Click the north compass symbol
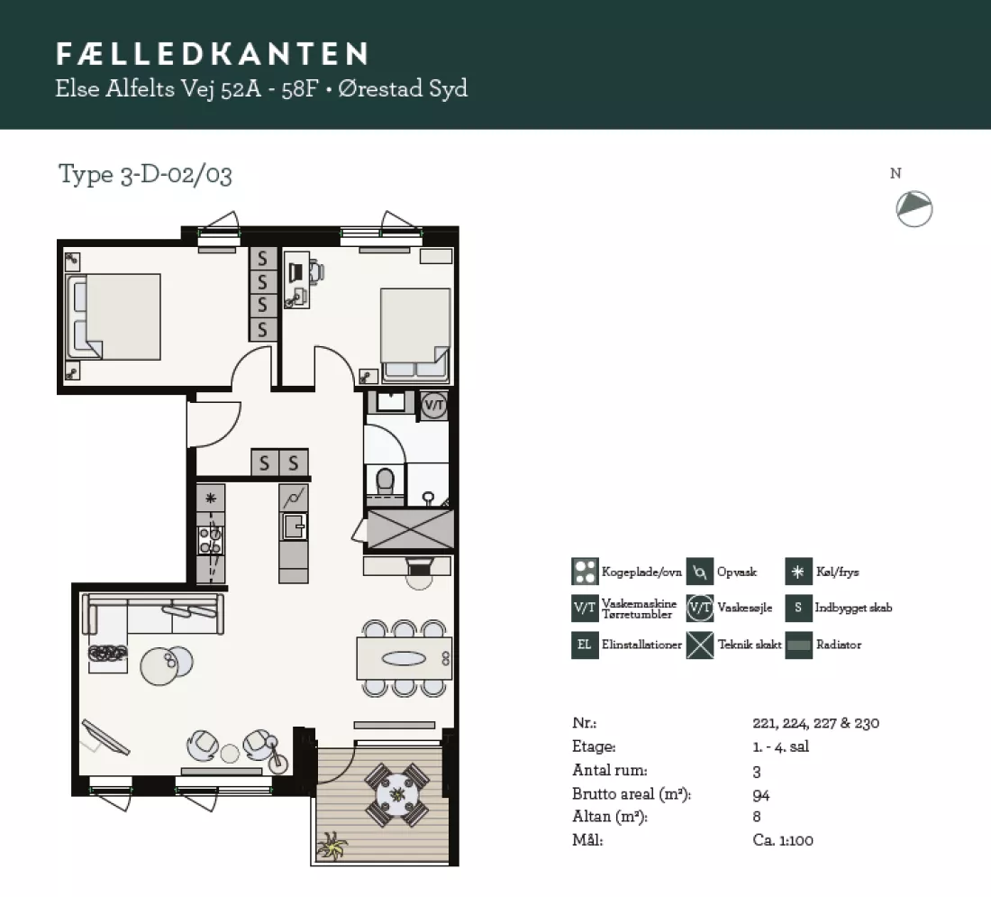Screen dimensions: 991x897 [914, 209]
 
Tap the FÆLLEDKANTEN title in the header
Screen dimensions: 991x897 [213, 54]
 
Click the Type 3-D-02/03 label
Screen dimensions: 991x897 [145, 175]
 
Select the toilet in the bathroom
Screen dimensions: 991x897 [385, 482]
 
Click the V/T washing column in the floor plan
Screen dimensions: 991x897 [434, 405]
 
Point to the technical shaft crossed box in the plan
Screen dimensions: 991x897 [410, 529]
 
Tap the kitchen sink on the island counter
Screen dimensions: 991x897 [294, 526]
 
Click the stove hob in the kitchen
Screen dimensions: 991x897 [211, 541]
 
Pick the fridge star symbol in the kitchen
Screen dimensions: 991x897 [211, 498]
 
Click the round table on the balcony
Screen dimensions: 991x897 [397, 794]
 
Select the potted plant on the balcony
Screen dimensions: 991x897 [332, 846]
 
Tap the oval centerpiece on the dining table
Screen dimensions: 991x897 [404, 658]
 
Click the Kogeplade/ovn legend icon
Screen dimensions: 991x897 [585, 572]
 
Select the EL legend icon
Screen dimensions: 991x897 [585, 645]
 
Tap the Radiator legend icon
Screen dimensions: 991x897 [798, 645]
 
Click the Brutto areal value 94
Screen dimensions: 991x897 [761, 795]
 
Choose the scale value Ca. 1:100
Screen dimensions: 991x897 [783, 840]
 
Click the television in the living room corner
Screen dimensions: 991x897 [105, 737]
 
